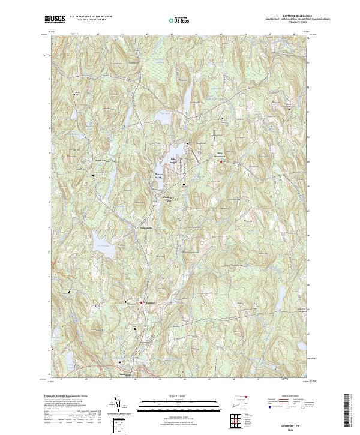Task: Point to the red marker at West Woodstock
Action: [x=221, y=161]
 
